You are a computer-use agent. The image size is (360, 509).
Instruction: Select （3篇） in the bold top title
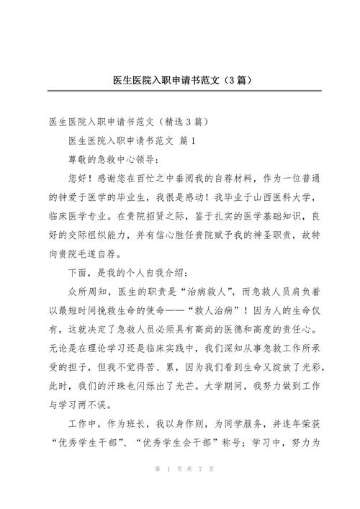pos(230,78)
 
